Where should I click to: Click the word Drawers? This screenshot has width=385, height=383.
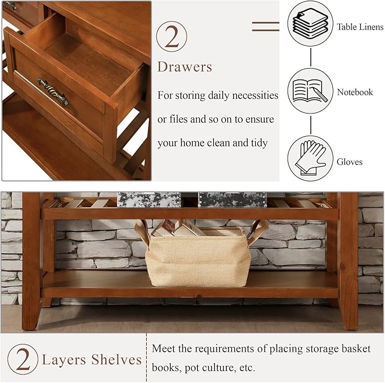pyautogui.click(x=184, y=67)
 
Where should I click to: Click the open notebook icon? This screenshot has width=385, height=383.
pyautogui.click(x=310, y=91)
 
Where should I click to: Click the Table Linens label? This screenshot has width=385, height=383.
pyautogui.click(x=360, y=27)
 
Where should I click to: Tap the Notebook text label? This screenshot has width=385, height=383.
pyautogui.click(x=355, y=92)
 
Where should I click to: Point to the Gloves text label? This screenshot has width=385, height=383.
pyautogui.click(x=350, y=162)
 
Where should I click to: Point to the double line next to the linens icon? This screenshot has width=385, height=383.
pyautogui.click(x=265, y=26)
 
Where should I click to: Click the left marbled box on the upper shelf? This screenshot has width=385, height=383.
pyautogui.click(x=149, y=200)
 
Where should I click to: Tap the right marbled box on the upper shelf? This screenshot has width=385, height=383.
pyautogui.click(x=232, y=200)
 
